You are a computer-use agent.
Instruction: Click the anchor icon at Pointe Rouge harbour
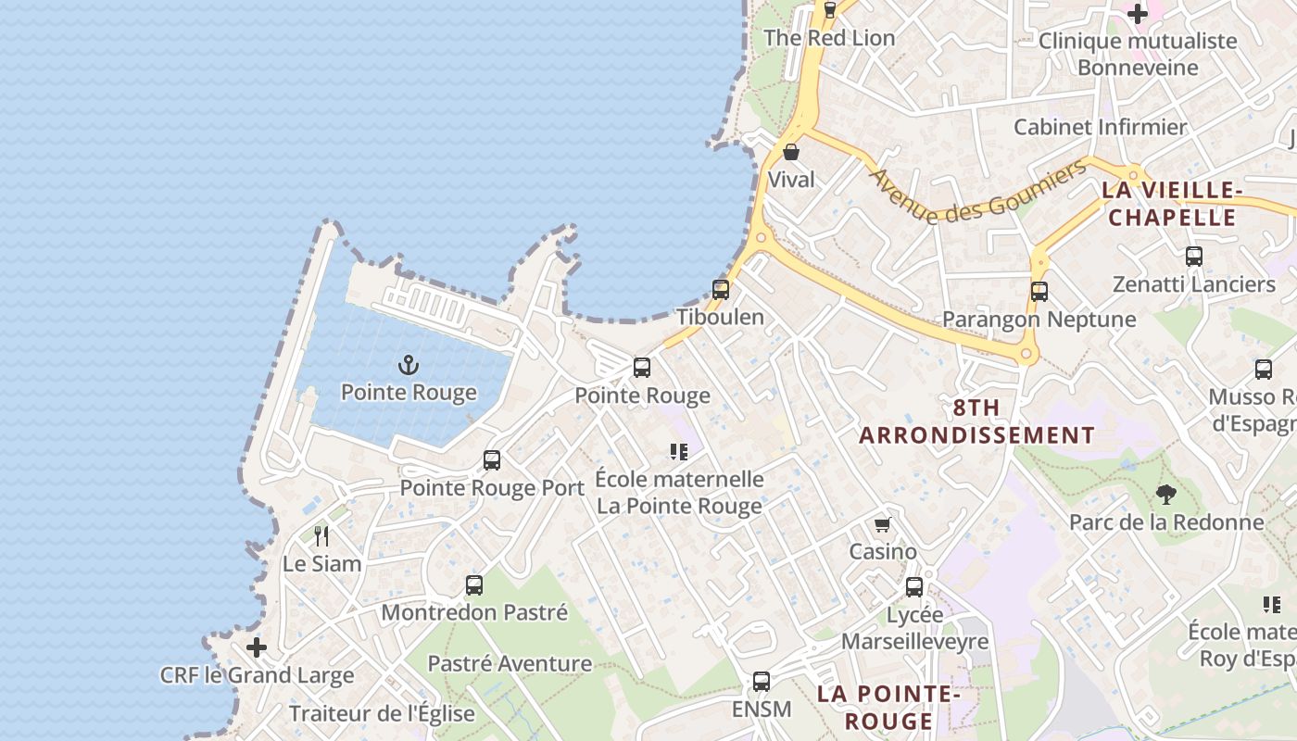(409, 365)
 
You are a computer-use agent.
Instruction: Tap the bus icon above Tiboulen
(721, 289)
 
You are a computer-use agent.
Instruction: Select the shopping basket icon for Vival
(791, 152)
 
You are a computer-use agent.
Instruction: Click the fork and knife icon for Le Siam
(321, 535)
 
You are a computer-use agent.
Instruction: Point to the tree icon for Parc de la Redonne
(1165, 495)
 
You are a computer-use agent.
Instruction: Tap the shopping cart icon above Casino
(883, 524)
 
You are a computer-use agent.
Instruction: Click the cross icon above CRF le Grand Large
(257, 647)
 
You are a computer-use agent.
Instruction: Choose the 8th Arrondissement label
(976, 421)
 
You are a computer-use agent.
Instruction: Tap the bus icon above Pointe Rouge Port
(492, 459)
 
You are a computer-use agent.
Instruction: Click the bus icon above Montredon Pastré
(474, 584)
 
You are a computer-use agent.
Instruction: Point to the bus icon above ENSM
(762, 682)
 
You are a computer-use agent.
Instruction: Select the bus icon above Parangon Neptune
(1039, 292)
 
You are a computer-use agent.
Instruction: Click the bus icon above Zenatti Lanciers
(1194, 257)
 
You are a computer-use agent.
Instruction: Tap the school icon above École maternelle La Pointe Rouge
(679, 451)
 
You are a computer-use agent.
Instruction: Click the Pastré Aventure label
(510, 663)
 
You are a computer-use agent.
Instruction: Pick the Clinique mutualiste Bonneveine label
(1138, 54)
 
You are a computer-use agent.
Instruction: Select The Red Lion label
(829, 38)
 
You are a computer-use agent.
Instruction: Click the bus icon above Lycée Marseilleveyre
(914, 586)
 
